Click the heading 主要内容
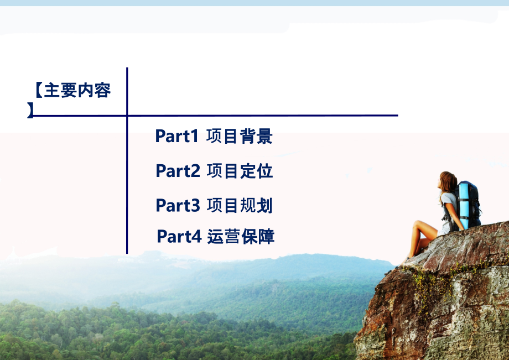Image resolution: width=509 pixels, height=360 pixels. coord(77,90)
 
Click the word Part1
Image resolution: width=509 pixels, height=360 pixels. coord(176,136)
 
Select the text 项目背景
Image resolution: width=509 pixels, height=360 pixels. coord(240,136)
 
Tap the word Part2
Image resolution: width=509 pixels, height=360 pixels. coord(178,171)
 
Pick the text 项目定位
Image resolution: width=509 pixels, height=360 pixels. coord(240,171)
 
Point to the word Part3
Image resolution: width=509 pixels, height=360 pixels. coord(178,205)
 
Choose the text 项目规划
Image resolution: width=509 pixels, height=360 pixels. coord(240,205)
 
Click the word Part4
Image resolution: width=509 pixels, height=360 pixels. coord(179,237)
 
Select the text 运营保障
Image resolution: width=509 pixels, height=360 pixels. coord(241,237)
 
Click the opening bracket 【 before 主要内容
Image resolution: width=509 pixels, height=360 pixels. coord(38,90)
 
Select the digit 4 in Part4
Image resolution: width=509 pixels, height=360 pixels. coord(196,237)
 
